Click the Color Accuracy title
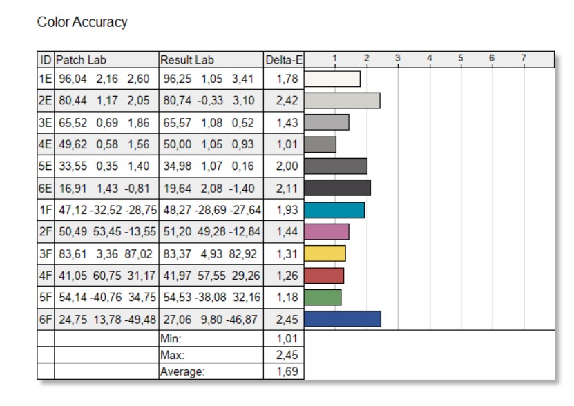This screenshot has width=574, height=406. (82, 22)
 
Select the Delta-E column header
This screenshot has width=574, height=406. (283, 60)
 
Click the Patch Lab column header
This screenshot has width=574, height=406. (82, 60)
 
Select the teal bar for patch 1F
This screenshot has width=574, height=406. (334, 210)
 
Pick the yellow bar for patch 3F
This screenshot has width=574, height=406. (325, 253)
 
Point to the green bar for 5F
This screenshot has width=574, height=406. (323, 297)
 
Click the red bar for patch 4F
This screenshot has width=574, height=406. (324, 275)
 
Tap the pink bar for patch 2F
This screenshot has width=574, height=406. (326, 231)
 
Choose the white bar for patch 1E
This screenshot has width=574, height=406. (332, 79)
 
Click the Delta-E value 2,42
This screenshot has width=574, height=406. (287, 101)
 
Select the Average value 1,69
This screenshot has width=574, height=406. (287, 372)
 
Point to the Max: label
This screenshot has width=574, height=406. (173, 356)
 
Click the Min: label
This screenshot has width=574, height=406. (171, 339)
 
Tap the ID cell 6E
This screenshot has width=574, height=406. (46, 188)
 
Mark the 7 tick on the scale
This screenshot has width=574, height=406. (524, 59)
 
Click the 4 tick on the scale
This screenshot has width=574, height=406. (429, 59)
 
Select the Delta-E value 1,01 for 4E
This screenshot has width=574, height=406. (287, 144)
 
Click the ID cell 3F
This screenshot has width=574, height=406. (46, 253)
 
